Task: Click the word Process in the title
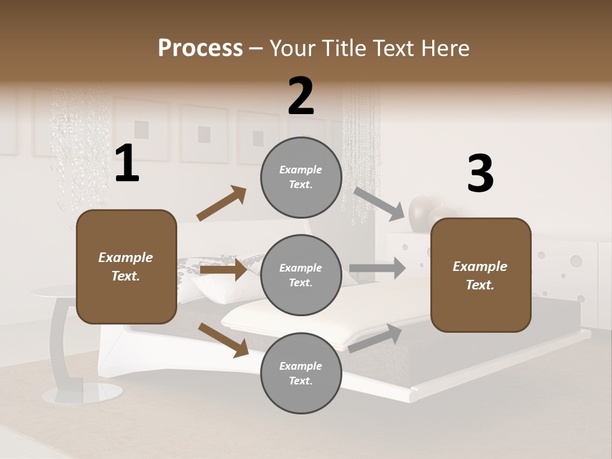pos(200,48)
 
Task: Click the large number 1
pos(127,163)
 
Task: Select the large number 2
pos(301,96)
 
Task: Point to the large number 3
pos(480,173)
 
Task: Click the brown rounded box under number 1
pos(126,266)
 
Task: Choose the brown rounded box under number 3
pos(481,275)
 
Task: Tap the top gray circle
pos(301,177)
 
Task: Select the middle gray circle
pos(301,275)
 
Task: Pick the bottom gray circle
pos(301,374)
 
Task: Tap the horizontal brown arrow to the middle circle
pos(223,270)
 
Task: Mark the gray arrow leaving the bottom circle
pos(375,338)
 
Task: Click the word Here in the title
pos(444,48)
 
